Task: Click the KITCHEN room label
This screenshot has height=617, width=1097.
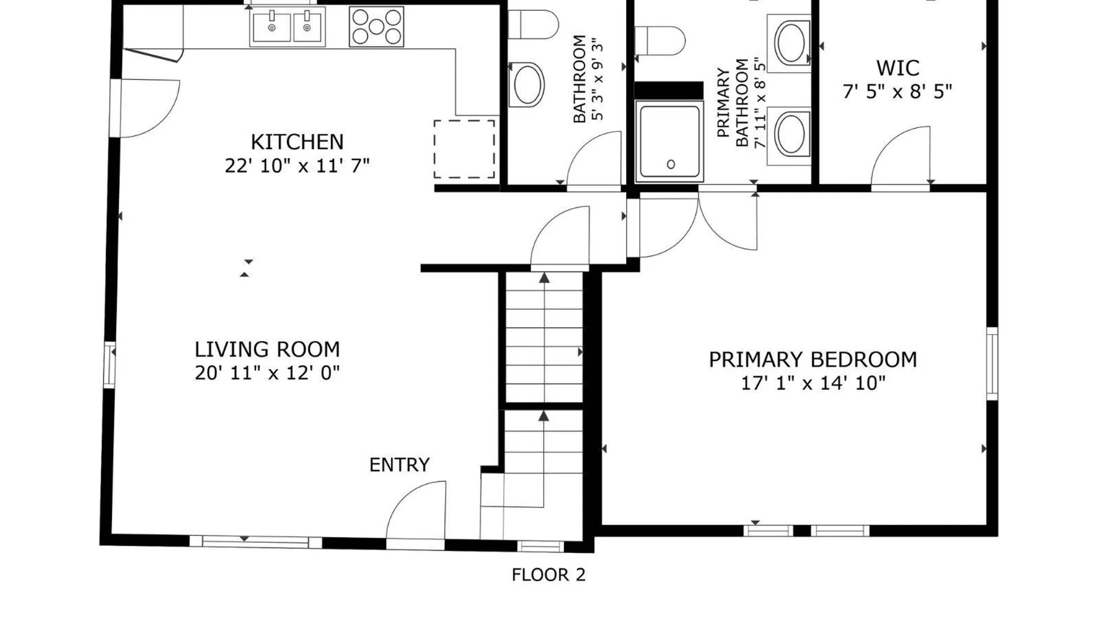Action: [297, 142]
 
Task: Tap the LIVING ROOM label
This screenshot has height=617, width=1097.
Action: [267, 349]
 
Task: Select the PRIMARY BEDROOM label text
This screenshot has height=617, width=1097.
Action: [813, 359]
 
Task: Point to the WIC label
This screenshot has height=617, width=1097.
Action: [898, 68]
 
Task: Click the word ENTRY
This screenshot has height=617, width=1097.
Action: [399, 465]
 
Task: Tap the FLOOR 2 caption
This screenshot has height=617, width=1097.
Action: [548, 575]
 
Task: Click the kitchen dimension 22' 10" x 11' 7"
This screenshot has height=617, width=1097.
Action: [297, 166]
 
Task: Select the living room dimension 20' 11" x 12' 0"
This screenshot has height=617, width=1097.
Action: [267, 373]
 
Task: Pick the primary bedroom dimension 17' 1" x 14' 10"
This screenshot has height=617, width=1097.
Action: [813, 383]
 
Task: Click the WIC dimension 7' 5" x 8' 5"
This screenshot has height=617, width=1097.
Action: [898, 91]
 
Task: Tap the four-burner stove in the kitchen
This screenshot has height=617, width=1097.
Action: [377, 26]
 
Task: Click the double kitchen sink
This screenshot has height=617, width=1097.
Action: [287, 26]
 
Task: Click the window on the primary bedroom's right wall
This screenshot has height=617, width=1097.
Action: [992, 363]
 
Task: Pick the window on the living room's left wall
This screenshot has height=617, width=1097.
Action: [109, 364]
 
